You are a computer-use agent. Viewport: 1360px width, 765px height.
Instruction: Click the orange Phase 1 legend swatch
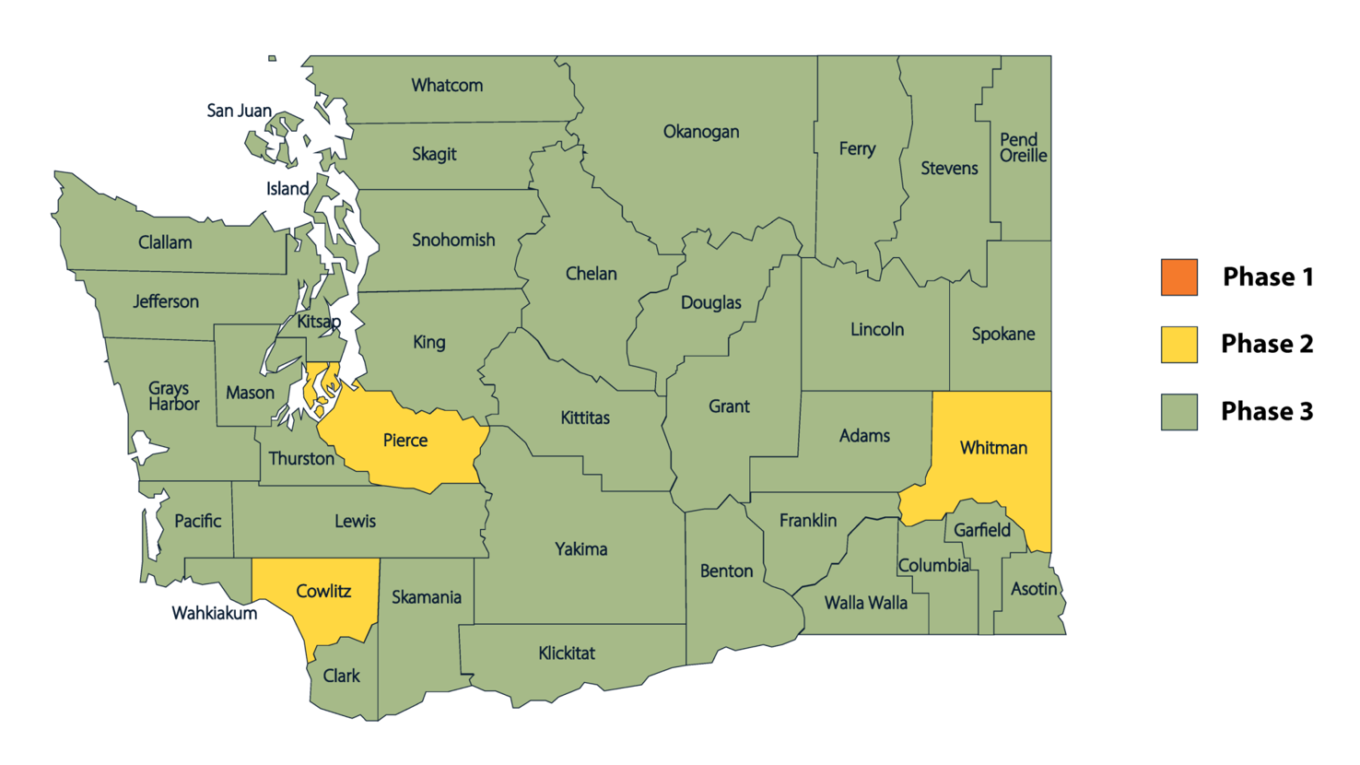point(1178,277)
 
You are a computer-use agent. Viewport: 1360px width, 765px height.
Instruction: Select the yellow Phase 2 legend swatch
point(1178,345)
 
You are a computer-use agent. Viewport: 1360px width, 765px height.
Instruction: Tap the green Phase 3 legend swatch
point(1178,412)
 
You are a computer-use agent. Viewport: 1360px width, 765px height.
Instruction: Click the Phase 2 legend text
point(1266,344)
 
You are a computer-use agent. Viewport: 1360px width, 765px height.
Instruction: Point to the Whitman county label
point(992,448)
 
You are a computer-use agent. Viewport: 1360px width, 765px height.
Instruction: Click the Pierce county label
point(404,441)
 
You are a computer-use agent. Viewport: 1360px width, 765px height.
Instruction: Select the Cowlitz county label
point(323,591)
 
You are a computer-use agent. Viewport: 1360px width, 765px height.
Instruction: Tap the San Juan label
point(239,111)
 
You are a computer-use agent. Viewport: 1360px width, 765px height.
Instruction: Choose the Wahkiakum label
point(214,613)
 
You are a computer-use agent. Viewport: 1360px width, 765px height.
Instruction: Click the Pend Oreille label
point(1022,147)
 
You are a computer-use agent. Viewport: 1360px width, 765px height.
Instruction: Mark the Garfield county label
point(981,530)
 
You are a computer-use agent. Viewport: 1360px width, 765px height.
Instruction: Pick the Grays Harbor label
point(173,395)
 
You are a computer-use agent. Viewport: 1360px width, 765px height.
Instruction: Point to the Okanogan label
point(700,132)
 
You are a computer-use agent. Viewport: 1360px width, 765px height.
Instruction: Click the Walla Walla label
point(865,603)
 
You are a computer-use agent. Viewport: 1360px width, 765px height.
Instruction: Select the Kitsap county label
point(319,322)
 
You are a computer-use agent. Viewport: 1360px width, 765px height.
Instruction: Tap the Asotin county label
point(1033,588)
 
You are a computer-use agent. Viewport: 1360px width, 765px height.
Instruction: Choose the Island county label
point(287,189)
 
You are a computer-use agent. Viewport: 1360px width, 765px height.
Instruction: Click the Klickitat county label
point(566,653)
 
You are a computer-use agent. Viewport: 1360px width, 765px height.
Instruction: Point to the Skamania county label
point(426,597)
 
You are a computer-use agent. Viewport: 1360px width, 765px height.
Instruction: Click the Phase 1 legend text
point(1267,277)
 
